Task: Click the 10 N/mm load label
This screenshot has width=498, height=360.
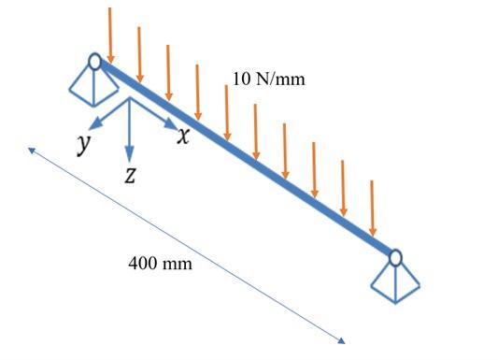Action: [x=268, y=79]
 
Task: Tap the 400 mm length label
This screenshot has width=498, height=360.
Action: [x=160, y=265]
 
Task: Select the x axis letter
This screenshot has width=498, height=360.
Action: [x=184, y=137]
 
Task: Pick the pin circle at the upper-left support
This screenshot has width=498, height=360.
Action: [x=94, y=62]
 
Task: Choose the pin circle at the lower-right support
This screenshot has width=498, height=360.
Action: [x=396, y=255]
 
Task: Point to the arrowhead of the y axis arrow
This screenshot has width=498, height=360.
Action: [x=90, y=126]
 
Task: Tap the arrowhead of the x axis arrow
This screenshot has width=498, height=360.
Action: [x=171, y=124]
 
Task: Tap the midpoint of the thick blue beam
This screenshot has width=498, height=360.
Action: [x=246, y=158]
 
